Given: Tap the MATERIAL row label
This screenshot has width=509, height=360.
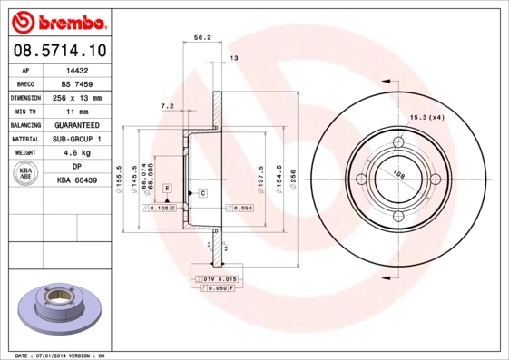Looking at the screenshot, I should pyautogui.click(x=24, y=139).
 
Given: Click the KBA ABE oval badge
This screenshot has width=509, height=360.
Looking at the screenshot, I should pyautogui.click(x=25, y=174).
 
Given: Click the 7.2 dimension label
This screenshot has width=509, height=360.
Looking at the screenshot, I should pyautogui.click(x=167, y=106).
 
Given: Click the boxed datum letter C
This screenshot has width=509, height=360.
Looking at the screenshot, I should pyautogui.click(x=202, y=193).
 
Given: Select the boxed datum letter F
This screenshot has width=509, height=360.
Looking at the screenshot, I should pyautogui.click(x=167, y=187).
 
